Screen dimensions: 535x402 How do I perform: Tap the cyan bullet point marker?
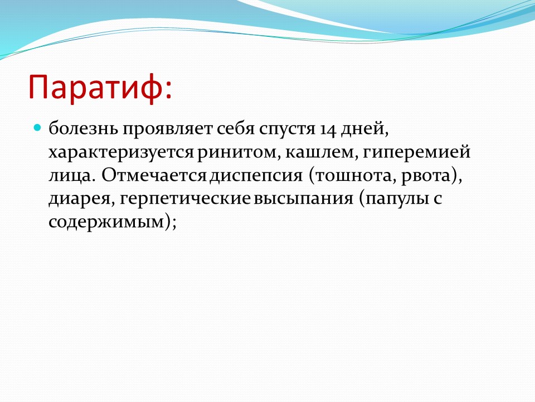tap(37, 128)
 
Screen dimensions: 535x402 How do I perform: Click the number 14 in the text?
tap(328, 130)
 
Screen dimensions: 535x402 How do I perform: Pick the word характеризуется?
tap(121, 152)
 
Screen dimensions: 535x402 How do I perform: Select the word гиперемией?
tap(417, 152)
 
